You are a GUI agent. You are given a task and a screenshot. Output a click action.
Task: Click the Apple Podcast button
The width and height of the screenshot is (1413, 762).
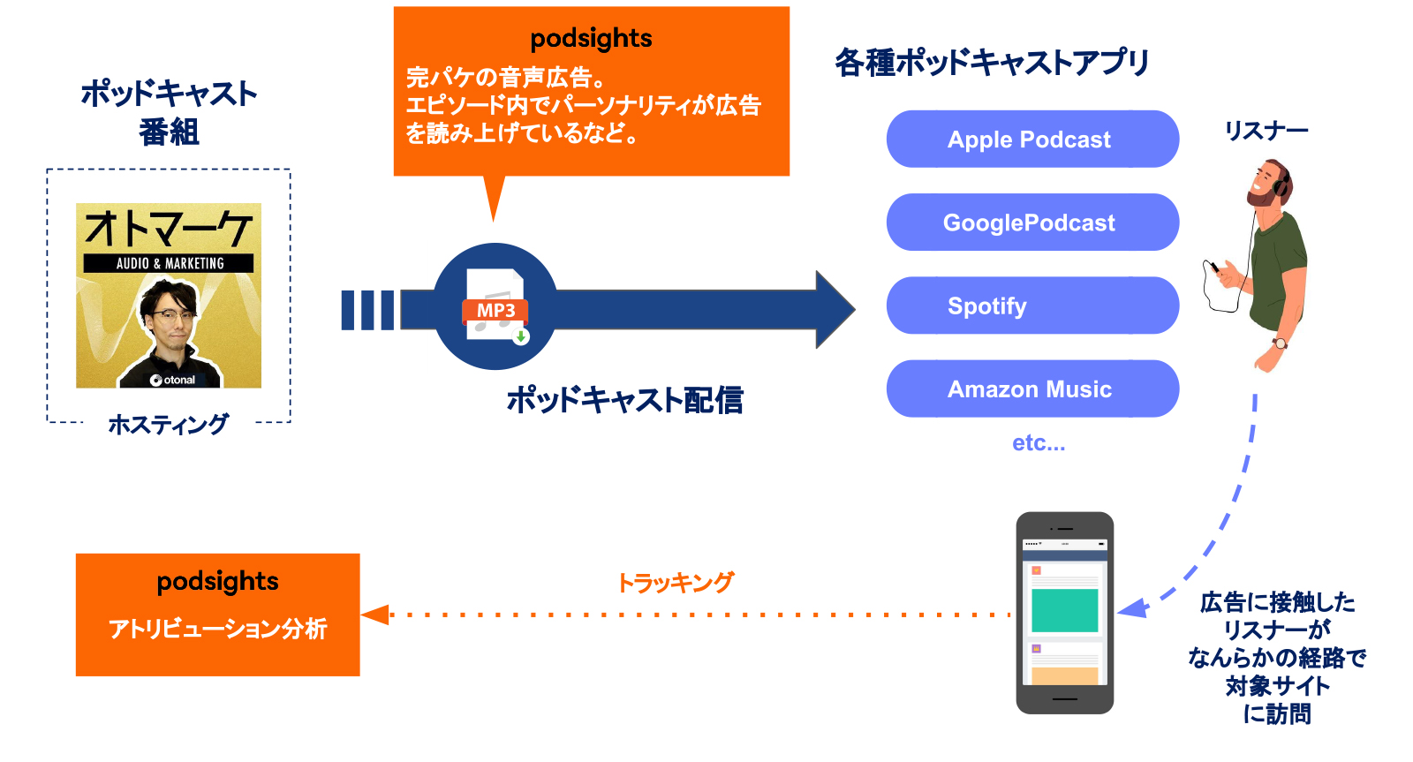[x=1031, y=140]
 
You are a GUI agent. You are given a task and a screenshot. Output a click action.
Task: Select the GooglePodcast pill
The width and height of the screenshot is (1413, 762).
[x=1031, y=223]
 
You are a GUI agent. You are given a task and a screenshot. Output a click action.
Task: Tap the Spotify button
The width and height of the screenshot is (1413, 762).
[x=1031, y=306]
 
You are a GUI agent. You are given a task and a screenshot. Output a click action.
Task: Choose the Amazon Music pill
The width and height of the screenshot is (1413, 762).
[x=1031, y=389]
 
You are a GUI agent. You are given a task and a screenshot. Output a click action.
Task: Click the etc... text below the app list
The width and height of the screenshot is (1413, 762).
[x=1039, y=443]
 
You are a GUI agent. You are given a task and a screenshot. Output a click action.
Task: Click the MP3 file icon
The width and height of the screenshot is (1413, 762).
[x=495, y=306]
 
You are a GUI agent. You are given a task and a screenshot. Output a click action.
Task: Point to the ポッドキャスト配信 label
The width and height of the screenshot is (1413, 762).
[x=624, y=400]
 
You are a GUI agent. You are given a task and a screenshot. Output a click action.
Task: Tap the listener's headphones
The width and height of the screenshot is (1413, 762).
[x=1281, y=181]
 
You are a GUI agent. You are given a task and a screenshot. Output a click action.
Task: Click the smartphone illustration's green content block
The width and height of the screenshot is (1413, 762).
[x=1064, y=609]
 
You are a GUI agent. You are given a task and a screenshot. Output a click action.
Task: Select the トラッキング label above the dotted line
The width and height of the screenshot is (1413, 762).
[x=675, y=583]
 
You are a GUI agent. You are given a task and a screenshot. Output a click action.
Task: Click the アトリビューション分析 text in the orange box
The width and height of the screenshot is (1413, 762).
[x=217, y=629]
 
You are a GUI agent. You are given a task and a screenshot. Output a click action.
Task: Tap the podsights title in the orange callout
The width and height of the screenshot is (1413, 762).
[x=591, y=39]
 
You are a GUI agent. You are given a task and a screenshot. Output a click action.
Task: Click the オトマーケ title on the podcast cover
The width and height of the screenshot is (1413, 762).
[x=169, y=229]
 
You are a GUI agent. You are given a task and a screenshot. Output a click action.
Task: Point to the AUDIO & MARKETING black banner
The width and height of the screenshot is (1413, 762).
[x=169, y=263]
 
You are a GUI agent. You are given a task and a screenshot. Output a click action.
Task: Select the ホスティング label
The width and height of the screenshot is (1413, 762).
[x=169, y=425]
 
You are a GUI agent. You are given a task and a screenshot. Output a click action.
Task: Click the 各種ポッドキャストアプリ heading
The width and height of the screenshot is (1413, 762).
[x=991, y=63]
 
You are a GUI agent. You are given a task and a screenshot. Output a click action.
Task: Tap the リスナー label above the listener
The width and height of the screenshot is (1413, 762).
[x=1266, y=131]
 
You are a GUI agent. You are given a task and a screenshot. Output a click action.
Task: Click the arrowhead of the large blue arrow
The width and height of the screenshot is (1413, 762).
[x=834, y=310]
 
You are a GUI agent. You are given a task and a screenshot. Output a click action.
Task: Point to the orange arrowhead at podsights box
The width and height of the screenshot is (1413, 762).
[x=375, y=615]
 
